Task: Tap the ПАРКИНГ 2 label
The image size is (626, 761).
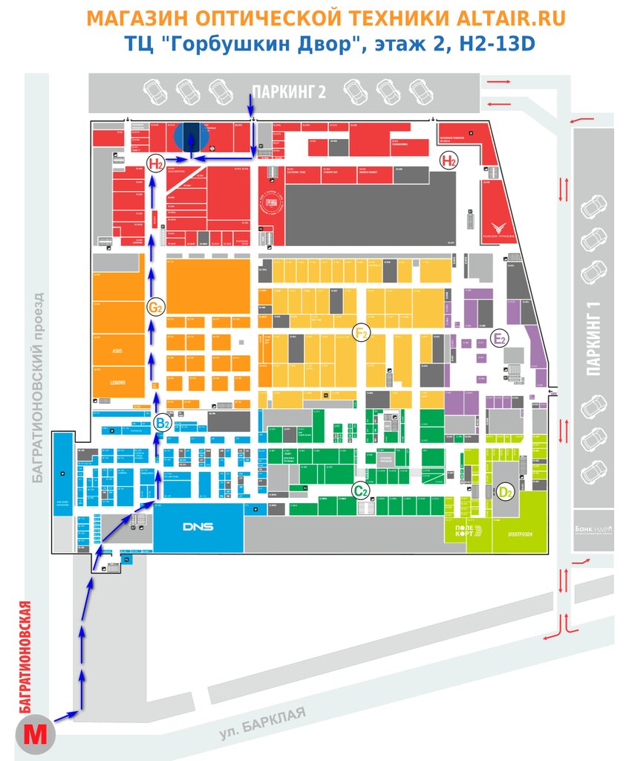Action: coord(289,92)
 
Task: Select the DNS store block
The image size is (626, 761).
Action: coord(198,527)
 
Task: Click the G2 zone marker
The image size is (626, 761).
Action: coord(155,307)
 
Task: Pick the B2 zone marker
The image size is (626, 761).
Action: coord(162,424)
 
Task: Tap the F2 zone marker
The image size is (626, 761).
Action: coord(362,333)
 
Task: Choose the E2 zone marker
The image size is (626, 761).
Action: coord(501,340)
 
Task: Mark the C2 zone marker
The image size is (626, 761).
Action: coord(361,490)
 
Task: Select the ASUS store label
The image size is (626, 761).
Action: coord(117,351)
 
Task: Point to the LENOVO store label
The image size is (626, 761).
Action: coord(117,383)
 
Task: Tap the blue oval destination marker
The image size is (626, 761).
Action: coord(192,135)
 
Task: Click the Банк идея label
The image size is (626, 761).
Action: coord(592,529)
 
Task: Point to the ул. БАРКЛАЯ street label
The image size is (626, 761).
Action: coord(262,723)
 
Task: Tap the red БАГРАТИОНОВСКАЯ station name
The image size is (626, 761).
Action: coord(25,655)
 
